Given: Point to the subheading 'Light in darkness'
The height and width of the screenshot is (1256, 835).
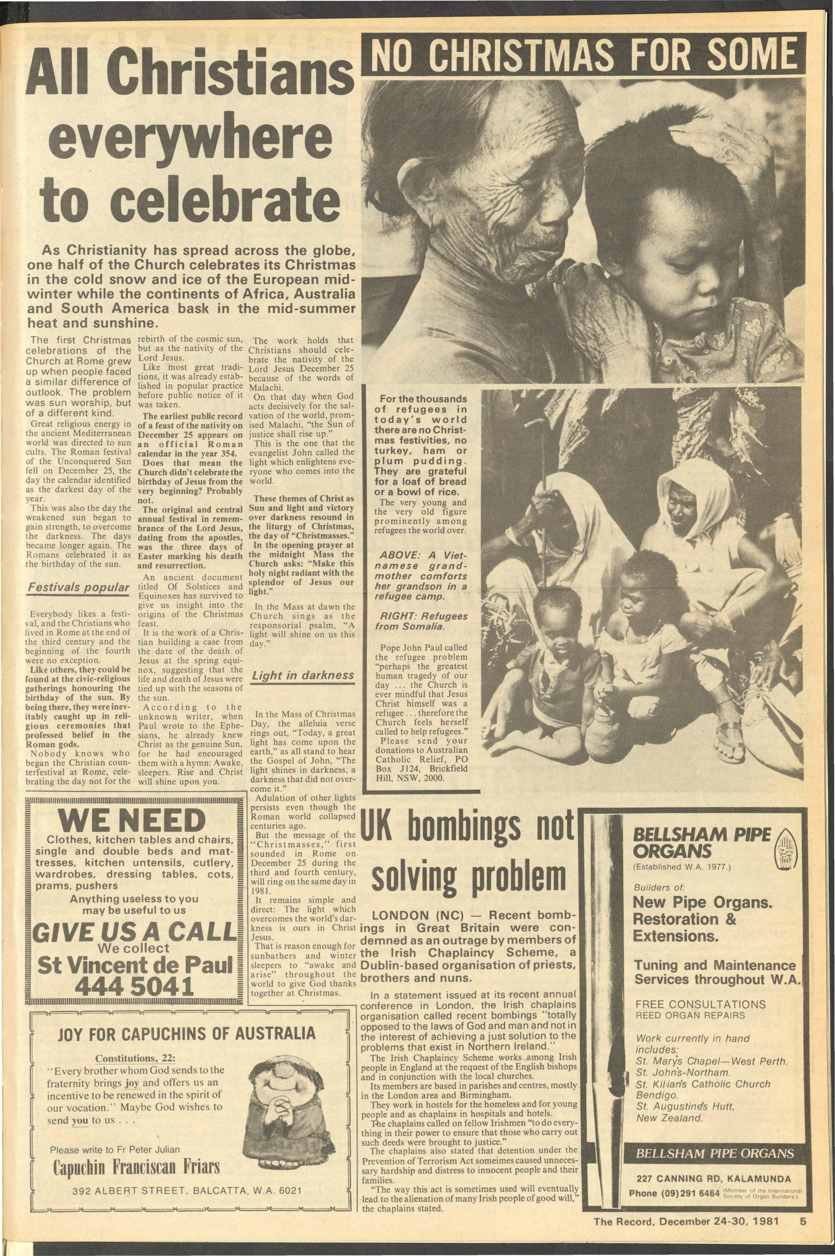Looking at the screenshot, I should click(303, 675).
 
